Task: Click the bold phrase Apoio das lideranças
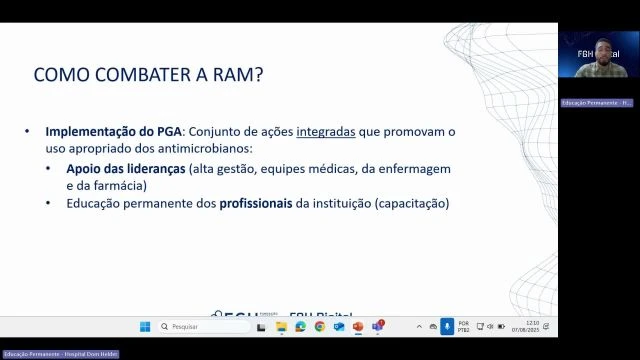[x=129, y=168]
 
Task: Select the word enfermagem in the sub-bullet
[x=414, y=168]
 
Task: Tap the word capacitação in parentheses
[x=411, y=203]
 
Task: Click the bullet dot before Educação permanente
[x=49, y=203]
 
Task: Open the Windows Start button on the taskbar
[x=145, y=326]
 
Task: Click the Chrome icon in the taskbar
[x=320, y=326]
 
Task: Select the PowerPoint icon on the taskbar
[x=358, y=326]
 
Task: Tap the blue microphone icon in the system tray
[x=447, y=326]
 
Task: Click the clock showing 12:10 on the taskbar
[x=532, y=326]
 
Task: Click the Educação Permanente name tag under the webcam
[x=597, y=103]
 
